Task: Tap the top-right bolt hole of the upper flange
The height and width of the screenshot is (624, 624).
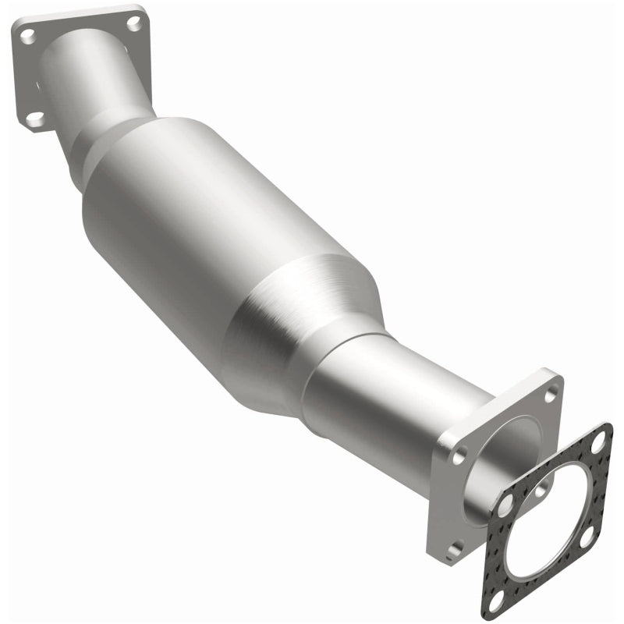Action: coord(134,23)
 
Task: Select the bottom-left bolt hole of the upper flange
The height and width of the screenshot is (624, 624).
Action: coord(34,119)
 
